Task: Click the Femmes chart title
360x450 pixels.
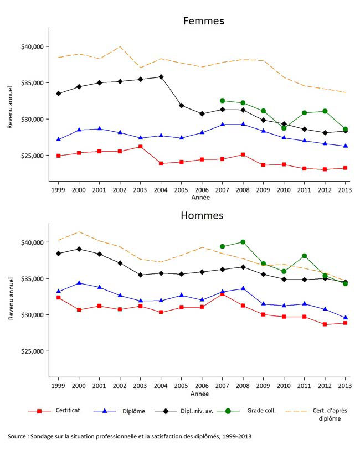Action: tap(204, 21)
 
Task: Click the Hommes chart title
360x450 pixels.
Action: tap(203, 215)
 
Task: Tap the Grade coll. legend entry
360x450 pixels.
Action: tap(264, 411)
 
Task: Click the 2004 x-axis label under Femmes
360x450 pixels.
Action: tap(161, 190)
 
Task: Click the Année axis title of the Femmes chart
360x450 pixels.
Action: tap(200, 197)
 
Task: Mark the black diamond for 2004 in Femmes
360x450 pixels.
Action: tap(161, 77)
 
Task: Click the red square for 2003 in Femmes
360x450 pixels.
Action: tap(140, 147)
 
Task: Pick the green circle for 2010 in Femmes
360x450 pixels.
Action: tap(284, 128)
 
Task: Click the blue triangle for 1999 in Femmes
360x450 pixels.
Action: tap(58, 139)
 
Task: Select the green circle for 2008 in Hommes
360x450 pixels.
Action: tap(243, 242)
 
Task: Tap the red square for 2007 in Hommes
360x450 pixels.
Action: tap(222, 294)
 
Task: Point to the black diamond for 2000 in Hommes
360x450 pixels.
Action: tap(79, 249)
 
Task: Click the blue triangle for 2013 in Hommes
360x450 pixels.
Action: tap(345, 318)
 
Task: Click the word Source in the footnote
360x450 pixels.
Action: tap(19, 437)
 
